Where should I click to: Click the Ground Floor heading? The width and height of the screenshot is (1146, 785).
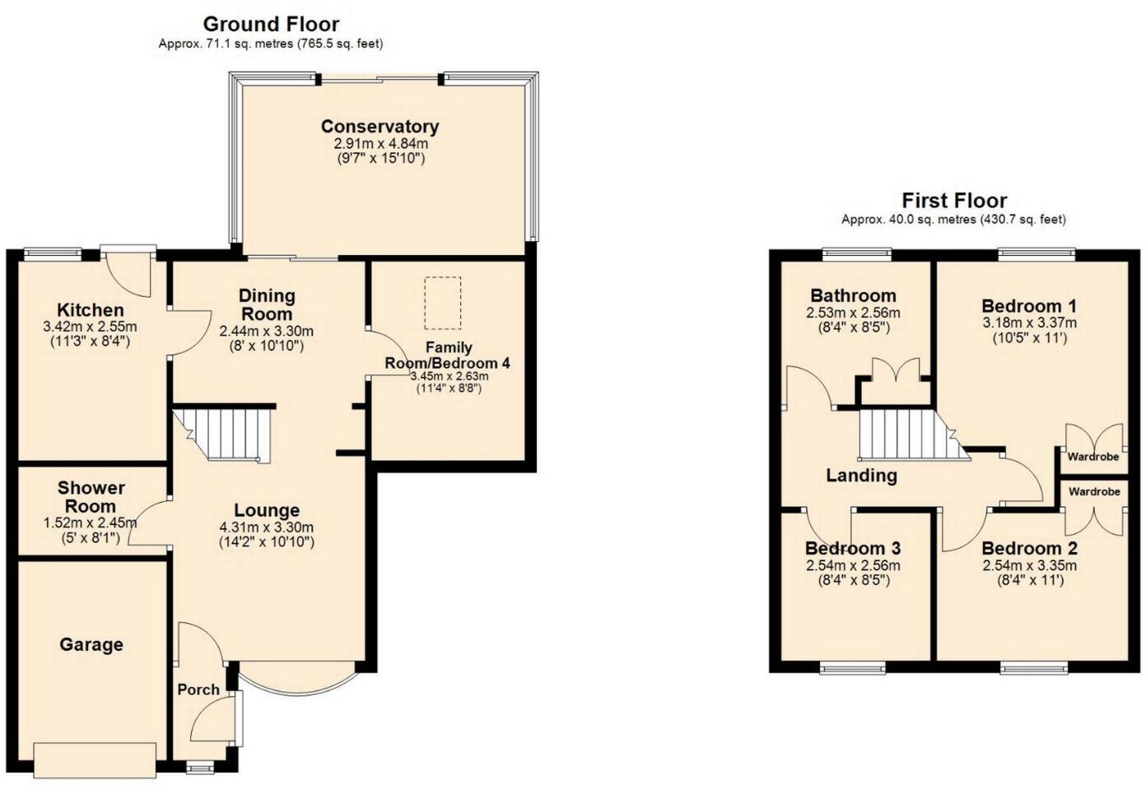coord(271,24)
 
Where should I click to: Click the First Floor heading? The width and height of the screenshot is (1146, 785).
coord(954,200)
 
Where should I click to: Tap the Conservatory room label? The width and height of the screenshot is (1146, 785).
coord(380,126)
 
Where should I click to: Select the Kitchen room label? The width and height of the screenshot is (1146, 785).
coord(90,310)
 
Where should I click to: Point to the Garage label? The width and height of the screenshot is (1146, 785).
coord(91,644)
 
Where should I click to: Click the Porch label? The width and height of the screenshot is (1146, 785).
coord(198,690)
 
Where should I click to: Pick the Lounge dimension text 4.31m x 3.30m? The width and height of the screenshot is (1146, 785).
coord(266,527)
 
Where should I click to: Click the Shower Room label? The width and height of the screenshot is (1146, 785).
coord(91,497)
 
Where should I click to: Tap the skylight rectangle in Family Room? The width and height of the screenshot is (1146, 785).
coord(442,302)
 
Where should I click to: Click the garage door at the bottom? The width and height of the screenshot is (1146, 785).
coord(95,759)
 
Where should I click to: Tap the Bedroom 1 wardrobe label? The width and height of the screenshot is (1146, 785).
coord(1093,457)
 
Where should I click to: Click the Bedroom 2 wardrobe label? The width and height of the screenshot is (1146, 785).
coord(1094,491)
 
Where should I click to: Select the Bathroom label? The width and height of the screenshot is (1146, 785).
coord(853,295)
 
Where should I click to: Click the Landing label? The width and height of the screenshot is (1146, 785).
coord(861,475)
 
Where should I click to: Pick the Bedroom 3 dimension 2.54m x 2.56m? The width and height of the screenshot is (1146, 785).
coord(852,565)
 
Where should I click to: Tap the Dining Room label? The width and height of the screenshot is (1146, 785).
coord(267,304)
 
